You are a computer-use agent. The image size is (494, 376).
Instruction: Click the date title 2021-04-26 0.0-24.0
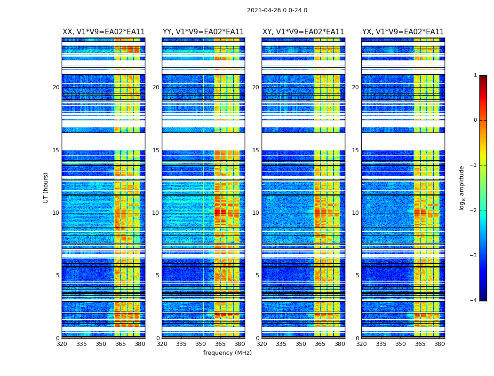tap(277, 10)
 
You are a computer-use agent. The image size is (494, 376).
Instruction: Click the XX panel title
tap(104, 32)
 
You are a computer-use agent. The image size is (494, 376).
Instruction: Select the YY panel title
tap(203, 32)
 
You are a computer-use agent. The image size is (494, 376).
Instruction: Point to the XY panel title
tap(303, 32)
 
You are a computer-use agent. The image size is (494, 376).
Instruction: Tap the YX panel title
tap(403, 32)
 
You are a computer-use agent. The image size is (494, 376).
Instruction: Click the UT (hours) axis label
tap(46, 188)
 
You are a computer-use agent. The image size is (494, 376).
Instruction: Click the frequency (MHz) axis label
tap(227, 353)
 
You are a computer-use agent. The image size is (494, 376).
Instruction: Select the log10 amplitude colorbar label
tap(462, 188)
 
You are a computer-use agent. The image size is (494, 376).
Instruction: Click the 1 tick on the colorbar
tap(475, 75)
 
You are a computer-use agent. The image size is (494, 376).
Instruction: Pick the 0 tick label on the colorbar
tap(475, 120)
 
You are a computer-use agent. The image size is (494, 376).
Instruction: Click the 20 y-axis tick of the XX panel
tap(56, 87)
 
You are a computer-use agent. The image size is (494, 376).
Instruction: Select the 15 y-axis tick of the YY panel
tap(156, 150)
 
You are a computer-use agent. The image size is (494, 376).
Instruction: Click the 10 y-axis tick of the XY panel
tap(255, 213)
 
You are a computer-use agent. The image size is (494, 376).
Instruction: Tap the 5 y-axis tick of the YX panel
tap(357, 275)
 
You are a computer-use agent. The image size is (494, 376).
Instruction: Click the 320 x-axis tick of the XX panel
tap(62, 344)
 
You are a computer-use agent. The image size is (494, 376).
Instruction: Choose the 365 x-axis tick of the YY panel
tap(220, 344)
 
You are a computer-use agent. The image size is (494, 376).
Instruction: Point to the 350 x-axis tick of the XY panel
tap(301, 344)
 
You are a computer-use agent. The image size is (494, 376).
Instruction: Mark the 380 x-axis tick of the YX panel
tap(439, 344)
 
